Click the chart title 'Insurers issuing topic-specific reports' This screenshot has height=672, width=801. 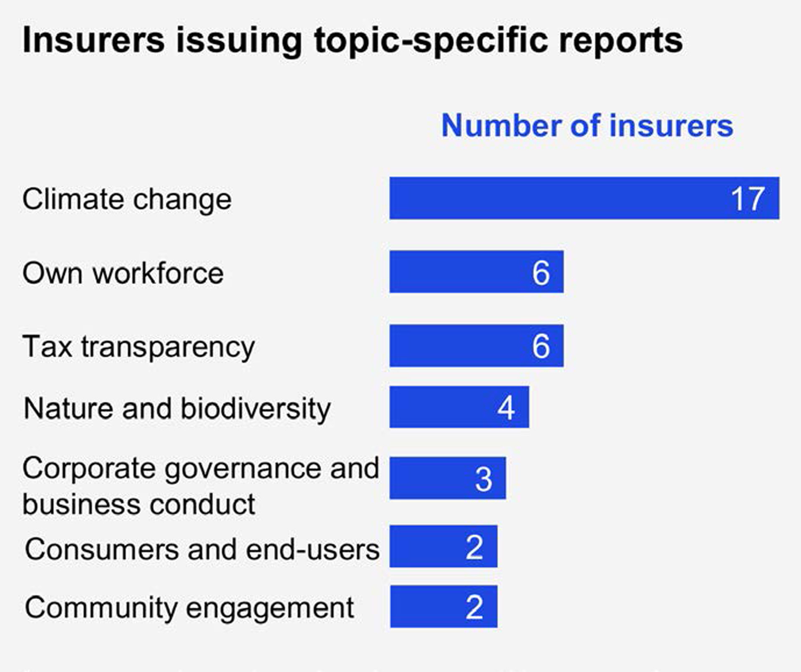(353, 40)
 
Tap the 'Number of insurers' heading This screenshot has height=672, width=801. (587, 126)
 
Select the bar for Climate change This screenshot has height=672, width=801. (584, 198)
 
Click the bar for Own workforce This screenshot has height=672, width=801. (476, 272)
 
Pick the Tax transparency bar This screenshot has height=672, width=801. (476, 346)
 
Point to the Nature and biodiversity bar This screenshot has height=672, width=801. (459, 407)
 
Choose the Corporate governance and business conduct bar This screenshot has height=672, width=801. (448, 478)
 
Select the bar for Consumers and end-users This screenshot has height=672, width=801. (443, 546)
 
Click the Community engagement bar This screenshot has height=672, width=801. (443, 607)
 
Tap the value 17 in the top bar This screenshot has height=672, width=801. (748, 199)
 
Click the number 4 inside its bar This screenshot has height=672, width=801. (506, 408)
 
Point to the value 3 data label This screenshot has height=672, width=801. (484, 479)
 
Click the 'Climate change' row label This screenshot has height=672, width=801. (127, 199)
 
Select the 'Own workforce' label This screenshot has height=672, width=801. (123, 273)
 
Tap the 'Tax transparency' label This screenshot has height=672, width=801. (139, 347)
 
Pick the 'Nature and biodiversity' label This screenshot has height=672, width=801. (177, 409)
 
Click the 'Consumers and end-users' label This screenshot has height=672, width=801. (202, 549)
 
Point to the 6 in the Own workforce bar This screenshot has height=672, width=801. (541, 273)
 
